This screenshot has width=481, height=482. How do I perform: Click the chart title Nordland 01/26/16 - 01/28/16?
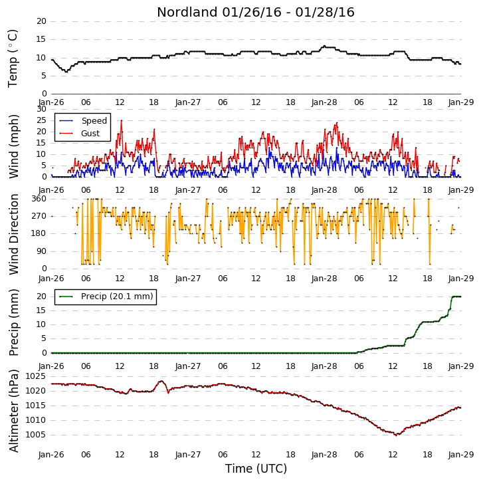256,12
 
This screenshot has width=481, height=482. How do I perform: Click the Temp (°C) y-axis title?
13,59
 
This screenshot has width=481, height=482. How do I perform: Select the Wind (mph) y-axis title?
13,146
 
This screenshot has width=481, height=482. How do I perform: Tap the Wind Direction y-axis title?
13,234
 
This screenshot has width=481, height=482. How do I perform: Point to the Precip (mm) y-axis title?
13,322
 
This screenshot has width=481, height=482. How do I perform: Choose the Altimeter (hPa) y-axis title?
13,411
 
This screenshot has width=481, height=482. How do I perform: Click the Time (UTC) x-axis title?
256,469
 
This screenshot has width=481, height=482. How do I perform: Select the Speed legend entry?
83,121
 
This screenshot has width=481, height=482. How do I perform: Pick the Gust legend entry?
80,134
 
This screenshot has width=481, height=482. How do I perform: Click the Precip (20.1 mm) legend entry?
106,297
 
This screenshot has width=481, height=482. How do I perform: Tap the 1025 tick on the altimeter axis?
35,376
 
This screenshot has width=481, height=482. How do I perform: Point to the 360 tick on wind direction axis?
39,199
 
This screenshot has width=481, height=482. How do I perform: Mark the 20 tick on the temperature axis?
41,21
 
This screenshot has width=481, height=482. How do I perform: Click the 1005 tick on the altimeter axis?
35,435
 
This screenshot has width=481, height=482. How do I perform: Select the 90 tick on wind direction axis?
41,251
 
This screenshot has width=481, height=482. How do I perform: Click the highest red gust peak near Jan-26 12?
122,120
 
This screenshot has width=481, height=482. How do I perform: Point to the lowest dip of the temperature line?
66,71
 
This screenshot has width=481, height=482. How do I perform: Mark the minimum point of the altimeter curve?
396,435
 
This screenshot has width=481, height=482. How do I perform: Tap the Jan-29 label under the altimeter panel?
460,455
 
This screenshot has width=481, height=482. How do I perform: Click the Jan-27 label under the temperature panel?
188,102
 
